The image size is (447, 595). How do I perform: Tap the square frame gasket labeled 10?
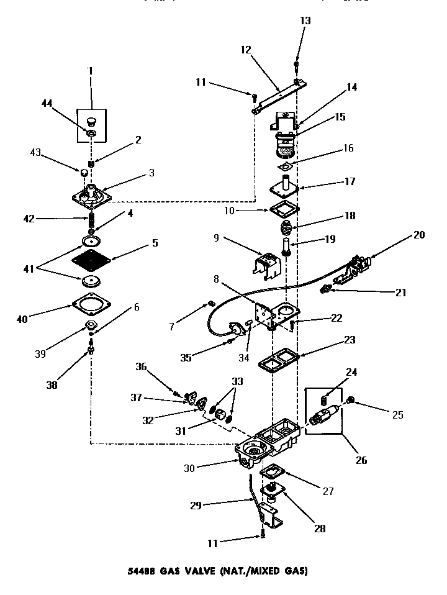[286, 211]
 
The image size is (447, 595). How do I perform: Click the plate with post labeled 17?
[285, 187]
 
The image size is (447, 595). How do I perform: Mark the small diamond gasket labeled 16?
[286, 166]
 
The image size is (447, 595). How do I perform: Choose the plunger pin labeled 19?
[286, 245]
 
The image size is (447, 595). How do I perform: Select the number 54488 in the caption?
[148, 570]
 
